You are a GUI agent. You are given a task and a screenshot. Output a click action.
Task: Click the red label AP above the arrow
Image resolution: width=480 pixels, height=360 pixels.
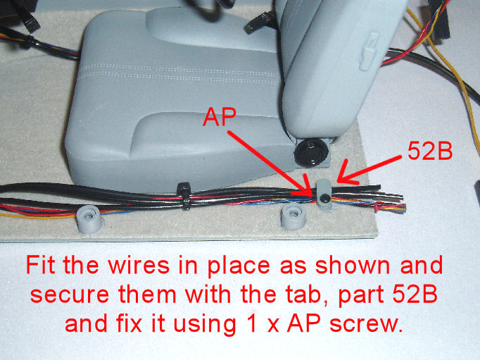220,116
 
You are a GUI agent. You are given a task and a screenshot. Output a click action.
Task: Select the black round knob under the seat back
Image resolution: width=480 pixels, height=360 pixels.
311,152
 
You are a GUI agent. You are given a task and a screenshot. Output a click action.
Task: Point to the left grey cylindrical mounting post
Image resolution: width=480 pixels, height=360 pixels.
89,219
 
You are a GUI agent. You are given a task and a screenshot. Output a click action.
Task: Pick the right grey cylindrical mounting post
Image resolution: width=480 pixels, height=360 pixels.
293,216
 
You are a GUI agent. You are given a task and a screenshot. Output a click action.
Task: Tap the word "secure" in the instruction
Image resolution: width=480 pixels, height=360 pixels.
70,294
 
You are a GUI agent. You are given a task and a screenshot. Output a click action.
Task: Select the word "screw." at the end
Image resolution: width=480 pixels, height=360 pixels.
366,323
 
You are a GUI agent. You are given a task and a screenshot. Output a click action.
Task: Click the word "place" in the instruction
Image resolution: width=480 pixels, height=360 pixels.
239,266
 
